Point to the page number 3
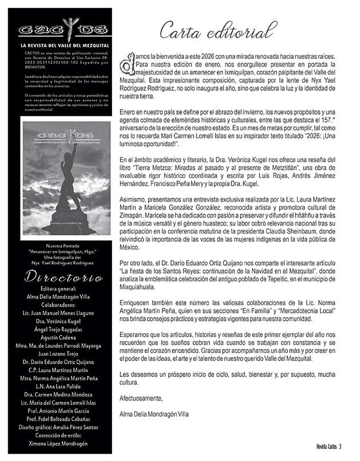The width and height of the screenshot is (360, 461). pyautogui.click(x=340, y=446)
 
